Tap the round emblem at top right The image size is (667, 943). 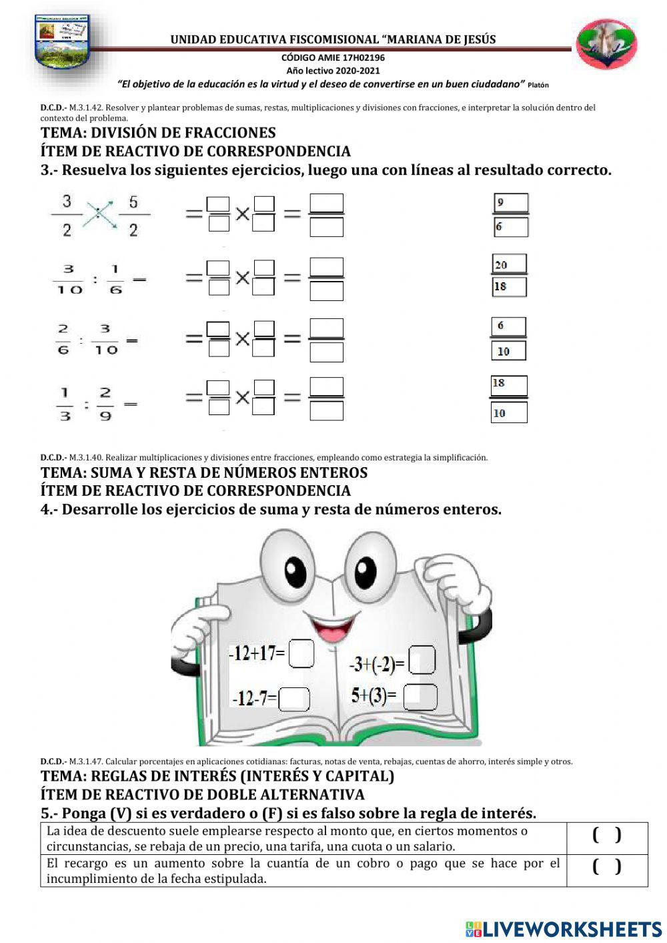[606, 45]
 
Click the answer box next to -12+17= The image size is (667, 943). [301, 653]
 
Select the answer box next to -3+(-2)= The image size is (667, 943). [422, 660]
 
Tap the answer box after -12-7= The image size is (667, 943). [294, 699]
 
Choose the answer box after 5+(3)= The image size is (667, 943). [420, 697]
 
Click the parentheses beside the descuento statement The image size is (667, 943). [606, 836]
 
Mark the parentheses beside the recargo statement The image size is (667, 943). [606, 867]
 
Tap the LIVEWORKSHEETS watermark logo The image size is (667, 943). [563, 928]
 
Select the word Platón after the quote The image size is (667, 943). [538, 85]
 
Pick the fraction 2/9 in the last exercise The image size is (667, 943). [105, 404]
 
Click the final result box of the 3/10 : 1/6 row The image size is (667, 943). [327, 279]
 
